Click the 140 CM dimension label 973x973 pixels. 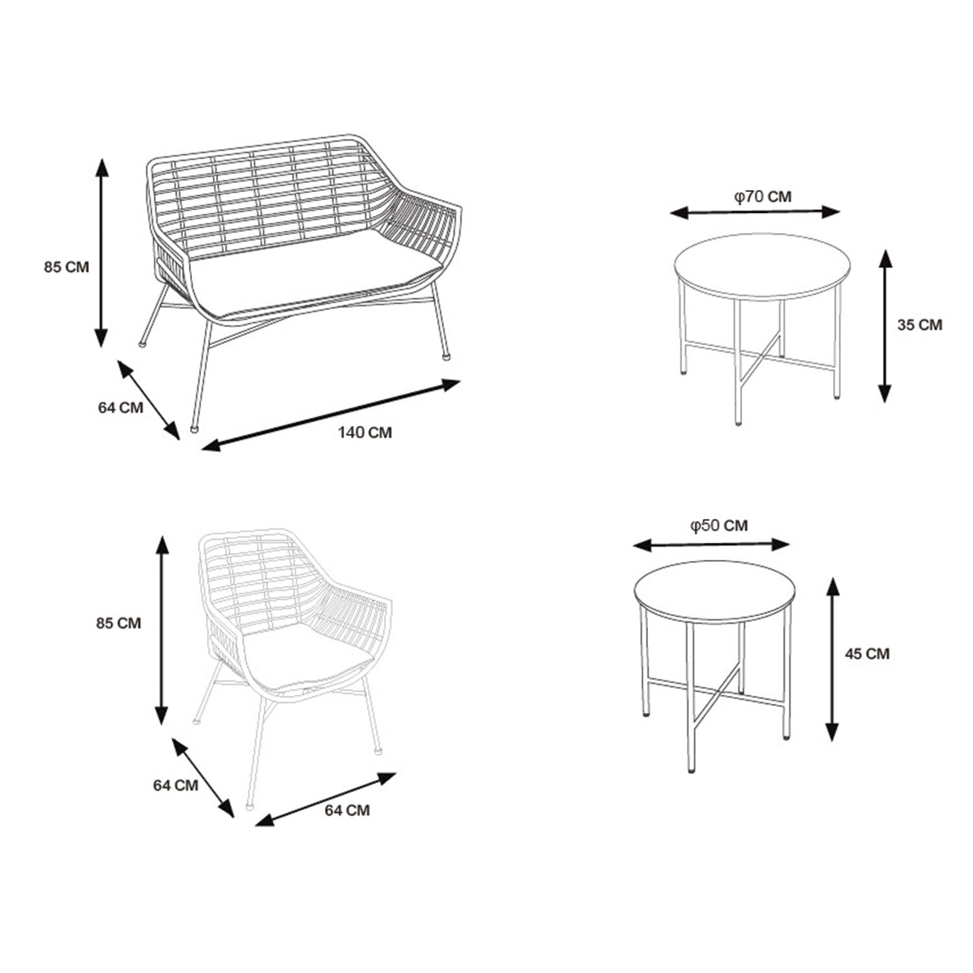click(x=365, y=432)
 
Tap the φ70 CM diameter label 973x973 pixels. click(x=763, y=196)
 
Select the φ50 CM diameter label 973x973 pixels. click(x=719, y=525)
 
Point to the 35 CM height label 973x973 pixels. click(x=919, y=325)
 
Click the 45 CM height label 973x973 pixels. click(x=867, y=654)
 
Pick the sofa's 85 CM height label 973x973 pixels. click(x=66, y=267)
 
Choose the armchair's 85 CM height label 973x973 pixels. click(x=118, y=623)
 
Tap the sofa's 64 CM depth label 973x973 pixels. click(x=121, y=408)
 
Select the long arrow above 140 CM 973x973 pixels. click(x=331, y=414)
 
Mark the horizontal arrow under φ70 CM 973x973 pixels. click(x=755, y=212)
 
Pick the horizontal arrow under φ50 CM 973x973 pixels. click(x=712, y=545)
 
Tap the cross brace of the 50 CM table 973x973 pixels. click(x=713, y=692)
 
